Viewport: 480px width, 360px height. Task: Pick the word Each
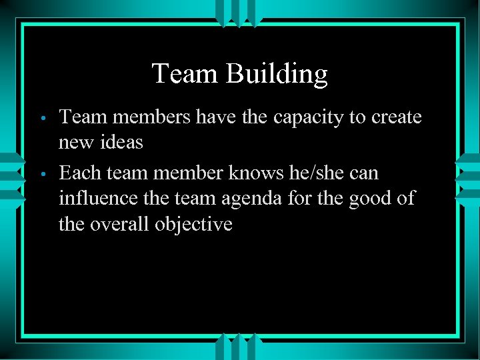pyautogui.click(x=79, y=173)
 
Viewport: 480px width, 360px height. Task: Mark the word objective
pyautogui.click(x=193, y=224)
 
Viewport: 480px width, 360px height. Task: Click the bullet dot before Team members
pyautogui.click(x=43, y=119)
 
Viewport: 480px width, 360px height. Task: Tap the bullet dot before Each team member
pyautogui.click(x=43, y=175)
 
